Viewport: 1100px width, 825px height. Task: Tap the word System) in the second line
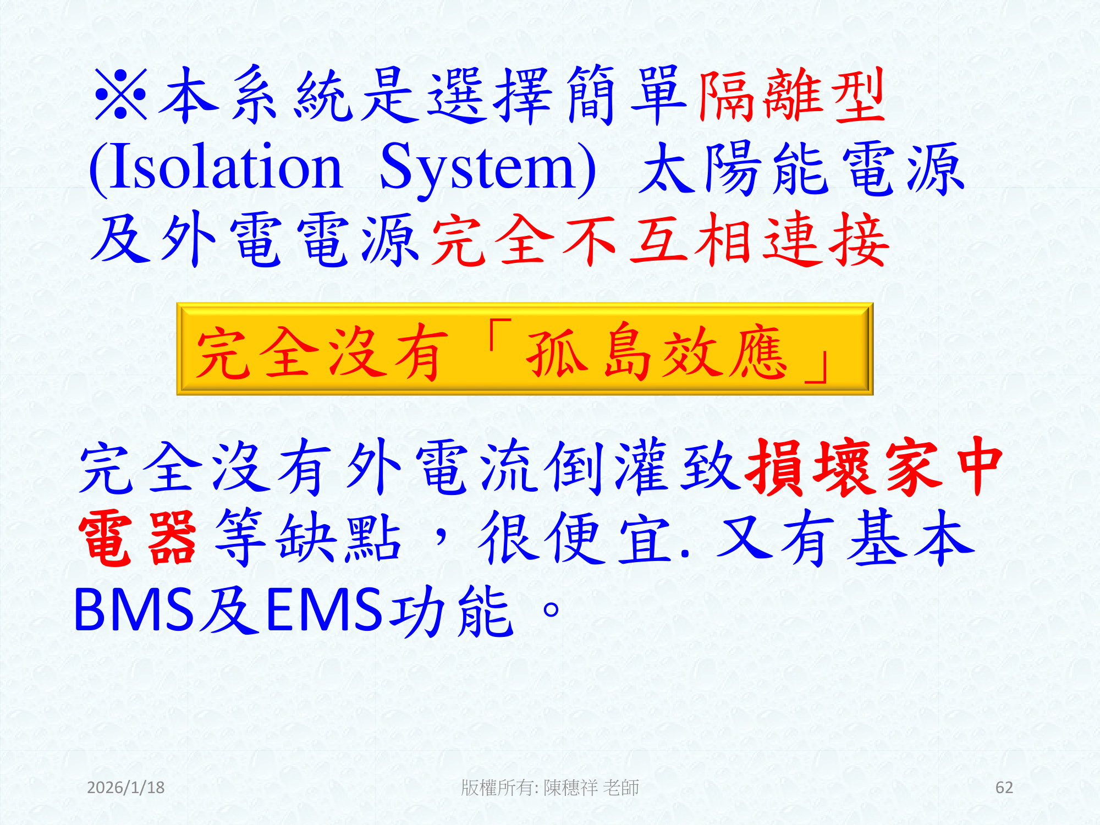pos(487,168)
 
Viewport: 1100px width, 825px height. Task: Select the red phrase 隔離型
pos(792,96)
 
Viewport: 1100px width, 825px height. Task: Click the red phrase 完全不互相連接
pos(660,241)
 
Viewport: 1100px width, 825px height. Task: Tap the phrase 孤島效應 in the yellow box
pos(657,352)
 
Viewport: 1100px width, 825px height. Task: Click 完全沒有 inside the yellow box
pos(322,352)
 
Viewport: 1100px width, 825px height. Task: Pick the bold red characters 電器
pos(137,538)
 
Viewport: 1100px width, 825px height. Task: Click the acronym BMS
pos(134,609)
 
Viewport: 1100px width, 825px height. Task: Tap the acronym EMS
pos(324,609)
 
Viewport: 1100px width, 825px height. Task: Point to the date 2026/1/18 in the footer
pos(126,788)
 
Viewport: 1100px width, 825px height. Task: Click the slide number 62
pos(1004,788)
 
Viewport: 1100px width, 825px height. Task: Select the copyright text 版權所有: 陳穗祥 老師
pos(550,788)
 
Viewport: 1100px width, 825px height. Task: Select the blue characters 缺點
pos(338,538)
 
